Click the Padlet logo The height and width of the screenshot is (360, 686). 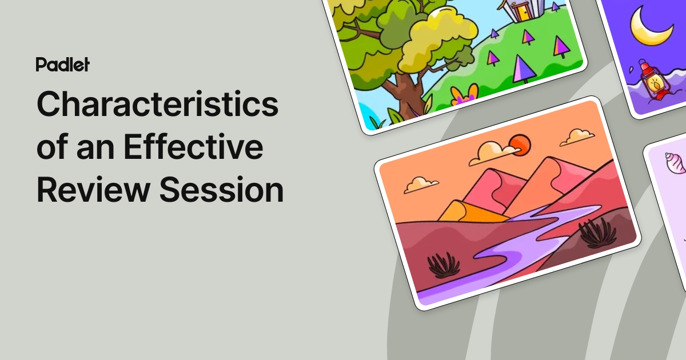point(62,65)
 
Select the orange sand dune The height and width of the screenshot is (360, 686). point(470,211)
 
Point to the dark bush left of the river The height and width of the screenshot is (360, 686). point(444,265)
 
